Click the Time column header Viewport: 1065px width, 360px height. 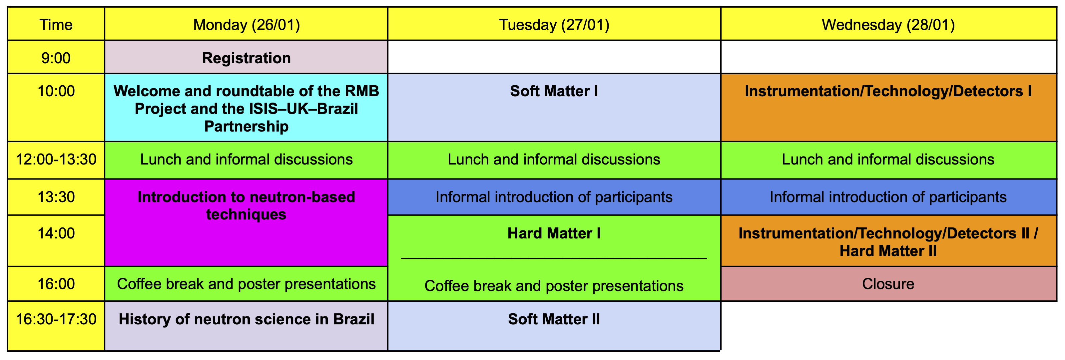(x=56, y=25)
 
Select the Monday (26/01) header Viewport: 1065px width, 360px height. (x=247, y=25)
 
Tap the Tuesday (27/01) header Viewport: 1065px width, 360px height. (x=554, y=25)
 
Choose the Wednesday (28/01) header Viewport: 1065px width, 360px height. (x=888, y=25)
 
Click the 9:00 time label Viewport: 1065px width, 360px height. (x=56, y=58)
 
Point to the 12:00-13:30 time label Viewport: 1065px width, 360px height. (x=56, y=160)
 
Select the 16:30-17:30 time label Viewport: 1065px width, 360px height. (x=56, y=319)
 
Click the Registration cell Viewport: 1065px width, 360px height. (x=247, y=58)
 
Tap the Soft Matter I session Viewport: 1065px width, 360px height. (x=554, y=91)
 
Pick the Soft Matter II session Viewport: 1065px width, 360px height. (x=554, y=319)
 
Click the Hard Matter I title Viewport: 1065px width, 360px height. (x=554, y=233)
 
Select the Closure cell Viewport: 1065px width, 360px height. (x=888, y=284)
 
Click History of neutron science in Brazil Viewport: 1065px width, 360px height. (x=247, y=319)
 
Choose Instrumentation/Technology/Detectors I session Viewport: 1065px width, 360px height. (x=888, y=91)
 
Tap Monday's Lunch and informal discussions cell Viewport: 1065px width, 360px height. (x=247, y=160)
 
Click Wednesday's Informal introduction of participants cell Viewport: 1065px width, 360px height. (x=888, y=197)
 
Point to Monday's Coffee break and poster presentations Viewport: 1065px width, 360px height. (x=247, y=284)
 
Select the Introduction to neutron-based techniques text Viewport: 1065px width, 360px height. (x=247, y=206)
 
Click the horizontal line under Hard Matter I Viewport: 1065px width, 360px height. (x=554, y=259)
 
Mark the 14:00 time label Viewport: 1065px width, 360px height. (x=56, y=233)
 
